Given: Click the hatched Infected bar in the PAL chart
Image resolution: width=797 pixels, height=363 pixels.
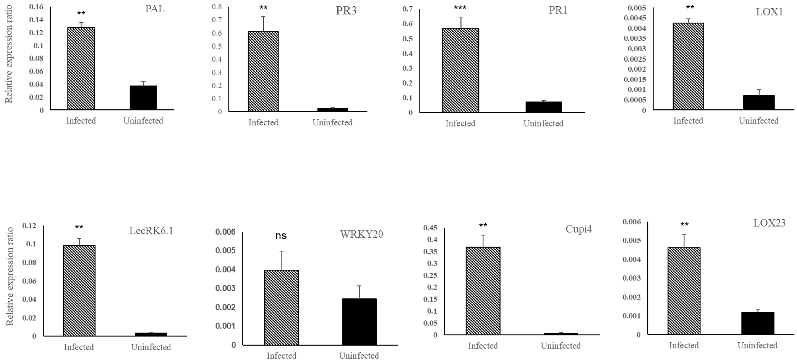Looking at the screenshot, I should [x=81, y=69].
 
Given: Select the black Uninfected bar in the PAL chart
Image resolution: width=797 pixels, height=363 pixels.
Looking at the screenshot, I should [x=143, y=98].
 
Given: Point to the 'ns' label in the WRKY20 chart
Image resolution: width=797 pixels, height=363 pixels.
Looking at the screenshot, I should [x=281, y=236].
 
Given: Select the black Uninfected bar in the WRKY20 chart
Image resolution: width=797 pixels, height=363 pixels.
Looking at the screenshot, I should [x=359, y=322].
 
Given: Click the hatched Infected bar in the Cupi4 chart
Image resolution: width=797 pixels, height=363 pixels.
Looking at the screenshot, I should [x=483, y=291].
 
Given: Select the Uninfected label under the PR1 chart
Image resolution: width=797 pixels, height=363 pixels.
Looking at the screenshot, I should [x=543, y=123].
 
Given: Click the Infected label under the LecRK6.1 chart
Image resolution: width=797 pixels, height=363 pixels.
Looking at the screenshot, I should [x=79, y=347].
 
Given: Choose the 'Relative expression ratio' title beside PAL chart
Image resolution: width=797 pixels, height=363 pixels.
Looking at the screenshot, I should [x=9, y=54].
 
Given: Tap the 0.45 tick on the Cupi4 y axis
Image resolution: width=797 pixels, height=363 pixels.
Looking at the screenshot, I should [x=430, y=228].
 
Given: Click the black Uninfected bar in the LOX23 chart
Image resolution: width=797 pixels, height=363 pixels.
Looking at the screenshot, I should [x=757, y=323].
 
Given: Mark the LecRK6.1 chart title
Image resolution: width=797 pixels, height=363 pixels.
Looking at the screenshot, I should [x=151, y=231].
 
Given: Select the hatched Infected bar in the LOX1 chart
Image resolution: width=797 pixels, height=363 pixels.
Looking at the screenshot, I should [x=688, y=66].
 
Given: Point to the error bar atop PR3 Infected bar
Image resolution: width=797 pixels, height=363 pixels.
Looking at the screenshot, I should [x=263, y=23].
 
